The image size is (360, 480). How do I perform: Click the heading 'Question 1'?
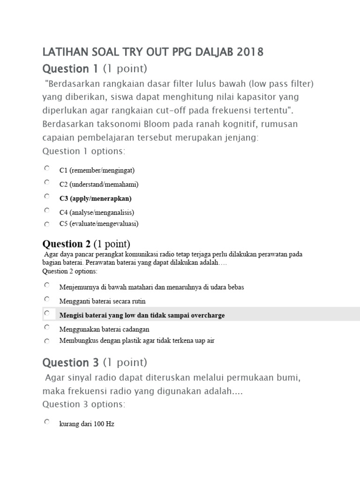[70, 69]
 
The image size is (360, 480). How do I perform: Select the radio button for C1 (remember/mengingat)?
[47, 168]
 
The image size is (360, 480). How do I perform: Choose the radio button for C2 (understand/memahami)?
[47, 182]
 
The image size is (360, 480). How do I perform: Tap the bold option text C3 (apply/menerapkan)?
[95, 198]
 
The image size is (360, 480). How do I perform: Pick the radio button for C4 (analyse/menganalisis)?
[47, 210]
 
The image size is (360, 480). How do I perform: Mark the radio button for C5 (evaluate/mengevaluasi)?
[47, 224]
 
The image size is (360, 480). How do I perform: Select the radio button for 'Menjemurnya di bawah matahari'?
[47, 285]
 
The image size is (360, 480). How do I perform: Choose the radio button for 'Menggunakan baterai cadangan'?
[47, 327]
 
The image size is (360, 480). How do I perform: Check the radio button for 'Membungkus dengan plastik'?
[47, 341]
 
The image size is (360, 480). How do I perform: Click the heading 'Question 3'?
[70, 362]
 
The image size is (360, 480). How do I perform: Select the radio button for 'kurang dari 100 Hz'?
[47, 422]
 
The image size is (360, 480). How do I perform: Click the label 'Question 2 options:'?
[70, 271]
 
